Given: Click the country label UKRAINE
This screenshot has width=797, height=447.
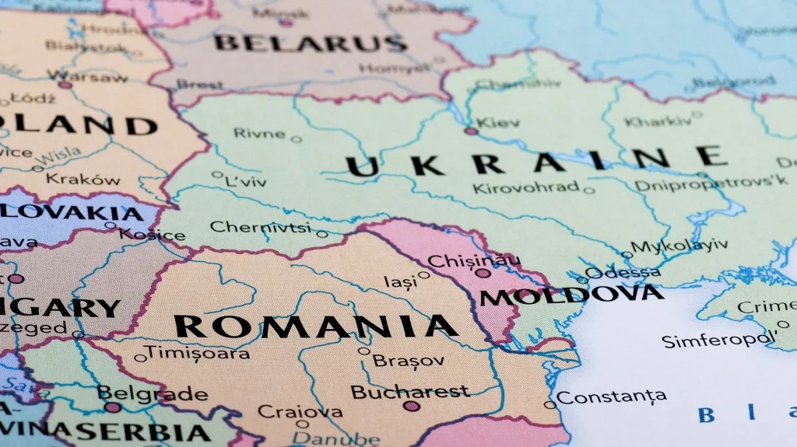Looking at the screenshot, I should [x=536, y=162].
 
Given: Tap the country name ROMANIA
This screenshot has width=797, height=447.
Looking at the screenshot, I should [x=316, y=327].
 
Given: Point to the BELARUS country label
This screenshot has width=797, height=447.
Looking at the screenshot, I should [x=311, y=42].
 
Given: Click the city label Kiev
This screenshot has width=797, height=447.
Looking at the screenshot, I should [x=498, y=123].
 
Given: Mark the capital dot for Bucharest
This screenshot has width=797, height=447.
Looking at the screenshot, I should [x=412, y=406].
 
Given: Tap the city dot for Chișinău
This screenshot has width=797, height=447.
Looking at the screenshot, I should [x=483, y=273].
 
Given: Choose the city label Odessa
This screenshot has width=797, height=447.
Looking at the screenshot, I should [x=623, y=272].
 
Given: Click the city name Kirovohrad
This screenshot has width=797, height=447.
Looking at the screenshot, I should [x=526, y=187].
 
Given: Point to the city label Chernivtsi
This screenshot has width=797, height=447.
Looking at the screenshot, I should [x=262, y=227].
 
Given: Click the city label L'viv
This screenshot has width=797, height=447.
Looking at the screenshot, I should [x=245, y=182].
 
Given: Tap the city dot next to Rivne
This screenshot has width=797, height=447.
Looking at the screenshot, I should [x=296, y=140].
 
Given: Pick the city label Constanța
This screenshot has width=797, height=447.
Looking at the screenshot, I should [x=611, y=397].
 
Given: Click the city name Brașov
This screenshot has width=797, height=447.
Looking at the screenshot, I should [x=409, y=361].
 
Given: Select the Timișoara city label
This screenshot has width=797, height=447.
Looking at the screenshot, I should [x=198, y=352].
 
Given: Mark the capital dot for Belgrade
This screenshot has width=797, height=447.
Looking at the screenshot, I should [x=113, y=407].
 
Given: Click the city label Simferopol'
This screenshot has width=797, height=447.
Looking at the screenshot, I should [x=718, y=340].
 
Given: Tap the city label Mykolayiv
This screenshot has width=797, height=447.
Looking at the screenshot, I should [x=679, y=246].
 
